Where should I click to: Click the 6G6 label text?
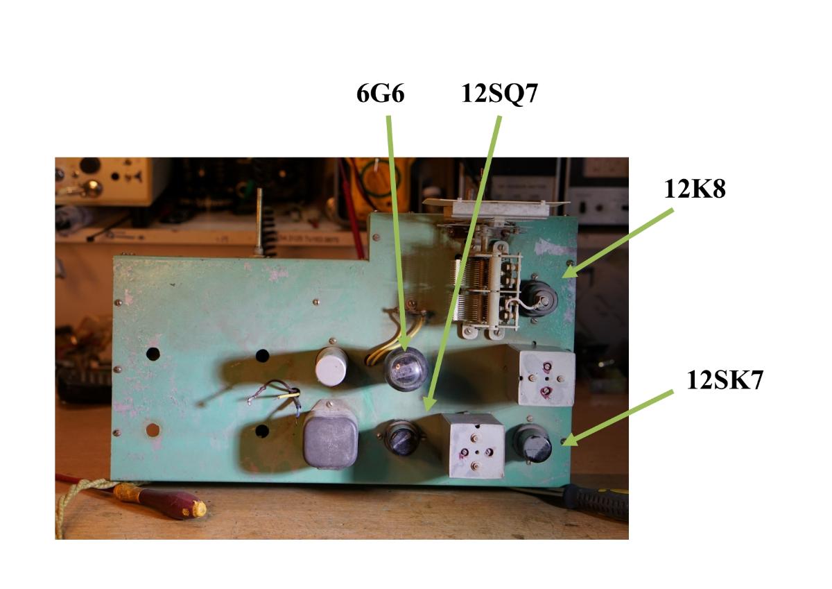click(x=380, y=94)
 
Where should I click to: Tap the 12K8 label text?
click(x=695, y=189)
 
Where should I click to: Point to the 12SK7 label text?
click(x=725, y=379)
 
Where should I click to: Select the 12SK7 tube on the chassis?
click(x=532, y=444)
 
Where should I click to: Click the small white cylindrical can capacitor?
click(x=331, y=366)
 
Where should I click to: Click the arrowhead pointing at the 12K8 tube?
click(x=569, y=273)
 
